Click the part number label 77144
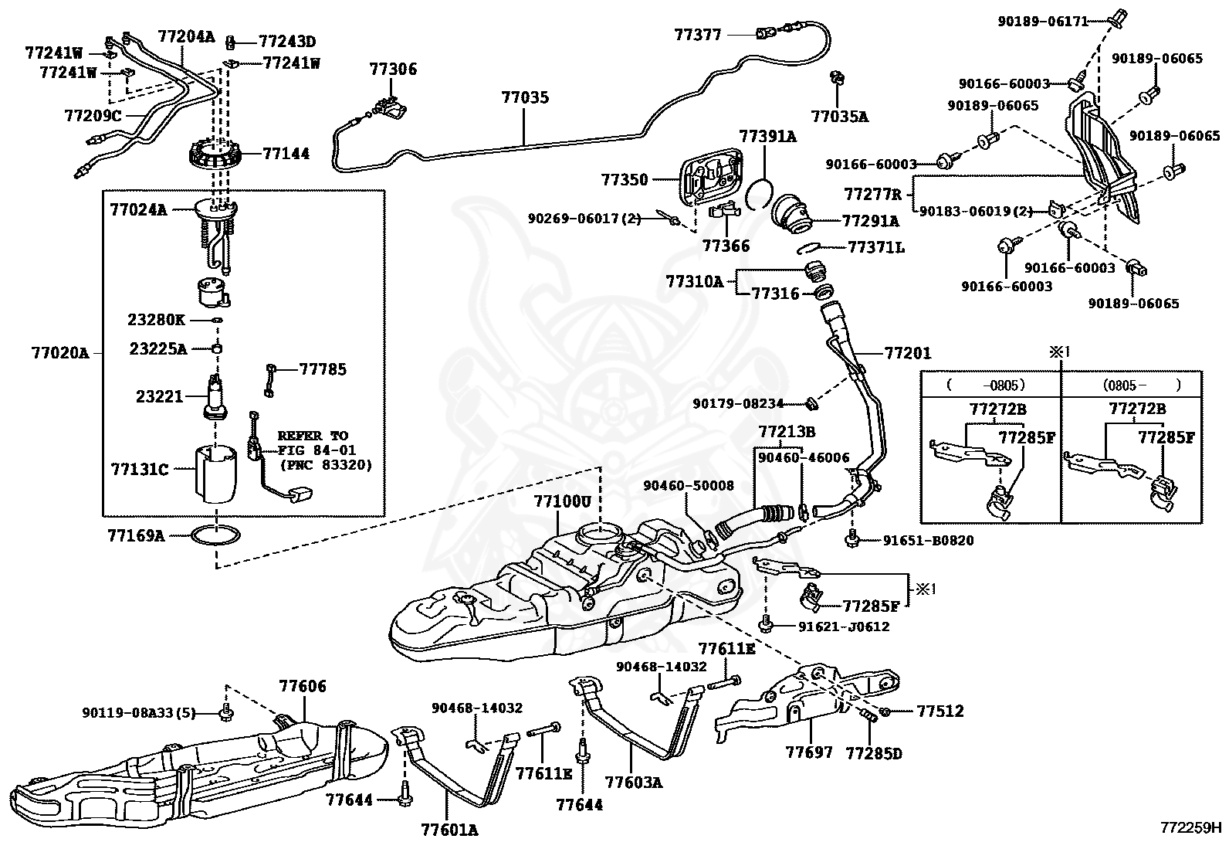tap(286, 153)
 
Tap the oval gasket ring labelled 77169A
tap(215, 535)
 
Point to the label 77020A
tap(60, 352)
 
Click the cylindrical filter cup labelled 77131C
tap(216, 474)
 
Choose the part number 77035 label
tap(525, 97)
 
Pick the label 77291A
tap(871, 221)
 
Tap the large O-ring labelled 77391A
tap(760, 193)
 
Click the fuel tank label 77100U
tap(562, 501)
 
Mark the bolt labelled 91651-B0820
tap(852, 539)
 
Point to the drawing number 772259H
tap(1190, 827)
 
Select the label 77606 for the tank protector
tap(303, 686)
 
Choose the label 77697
tap(809, 752)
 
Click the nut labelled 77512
tap(885, 711)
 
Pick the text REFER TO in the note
tap(313, 436)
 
